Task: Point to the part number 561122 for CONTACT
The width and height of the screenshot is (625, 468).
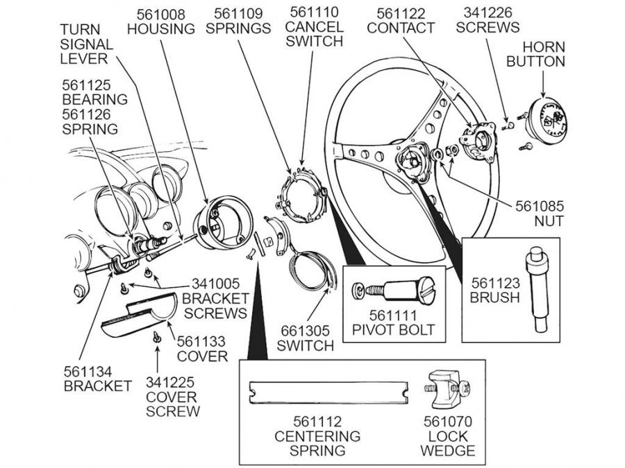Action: (x=401, y=13)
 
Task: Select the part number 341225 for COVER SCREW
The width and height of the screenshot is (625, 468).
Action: (x=171, y=382)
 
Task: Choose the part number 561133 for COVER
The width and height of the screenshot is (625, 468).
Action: (x=201, y=341)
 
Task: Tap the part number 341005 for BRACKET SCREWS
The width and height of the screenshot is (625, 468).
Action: (x=216, y=284)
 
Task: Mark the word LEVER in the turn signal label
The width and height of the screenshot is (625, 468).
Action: (x=83, y=59)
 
